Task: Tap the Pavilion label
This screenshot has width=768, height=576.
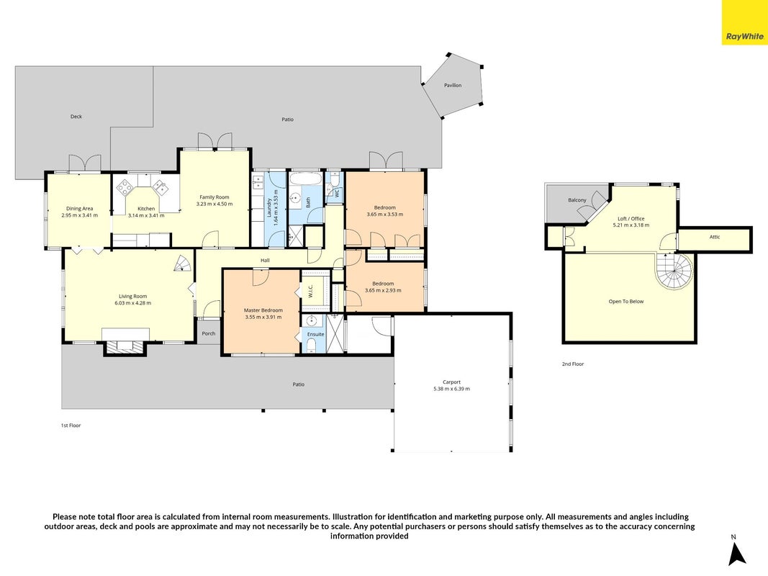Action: click(453, 85)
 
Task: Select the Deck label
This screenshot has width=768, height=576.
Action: click(76, 117)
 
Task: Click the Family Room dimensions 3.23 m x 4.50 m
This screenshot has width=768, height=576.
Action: click(214, 204)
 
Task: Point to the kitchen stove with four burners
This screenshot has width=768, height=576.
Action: click(125, 186)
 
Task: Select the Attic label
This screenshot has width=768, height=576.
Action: click(715, 237)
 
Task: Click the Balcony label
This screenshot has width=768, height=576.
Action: click(577, 200)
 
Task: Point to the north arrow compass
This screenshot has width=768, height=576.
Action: click(736, 551)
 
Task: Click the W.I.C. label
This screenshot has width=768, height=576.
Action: click(310, 291)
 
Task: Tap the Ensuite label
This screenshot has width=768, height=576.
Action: click(315, 334)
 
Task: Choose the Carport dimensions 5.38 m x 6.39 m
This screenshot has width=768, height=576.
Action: click(451, 389)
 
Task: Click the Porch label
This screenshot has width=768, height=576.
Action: click(209, 333)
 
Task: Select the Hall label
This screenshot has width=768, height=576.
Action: click(265, 261)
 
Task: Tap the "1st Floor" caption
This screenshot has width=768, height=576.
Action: click(71, 425)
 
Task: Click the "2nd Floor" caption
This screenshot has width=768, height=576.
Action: click(573, 364)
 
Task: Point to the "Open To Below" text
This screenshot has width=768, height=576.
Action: click(626, 302)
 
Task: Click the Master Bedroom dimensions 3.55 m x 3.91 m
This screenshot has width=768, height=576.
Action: click(263, 317)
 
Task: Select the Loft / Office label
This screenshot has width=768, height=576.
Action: click(631, 218)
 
